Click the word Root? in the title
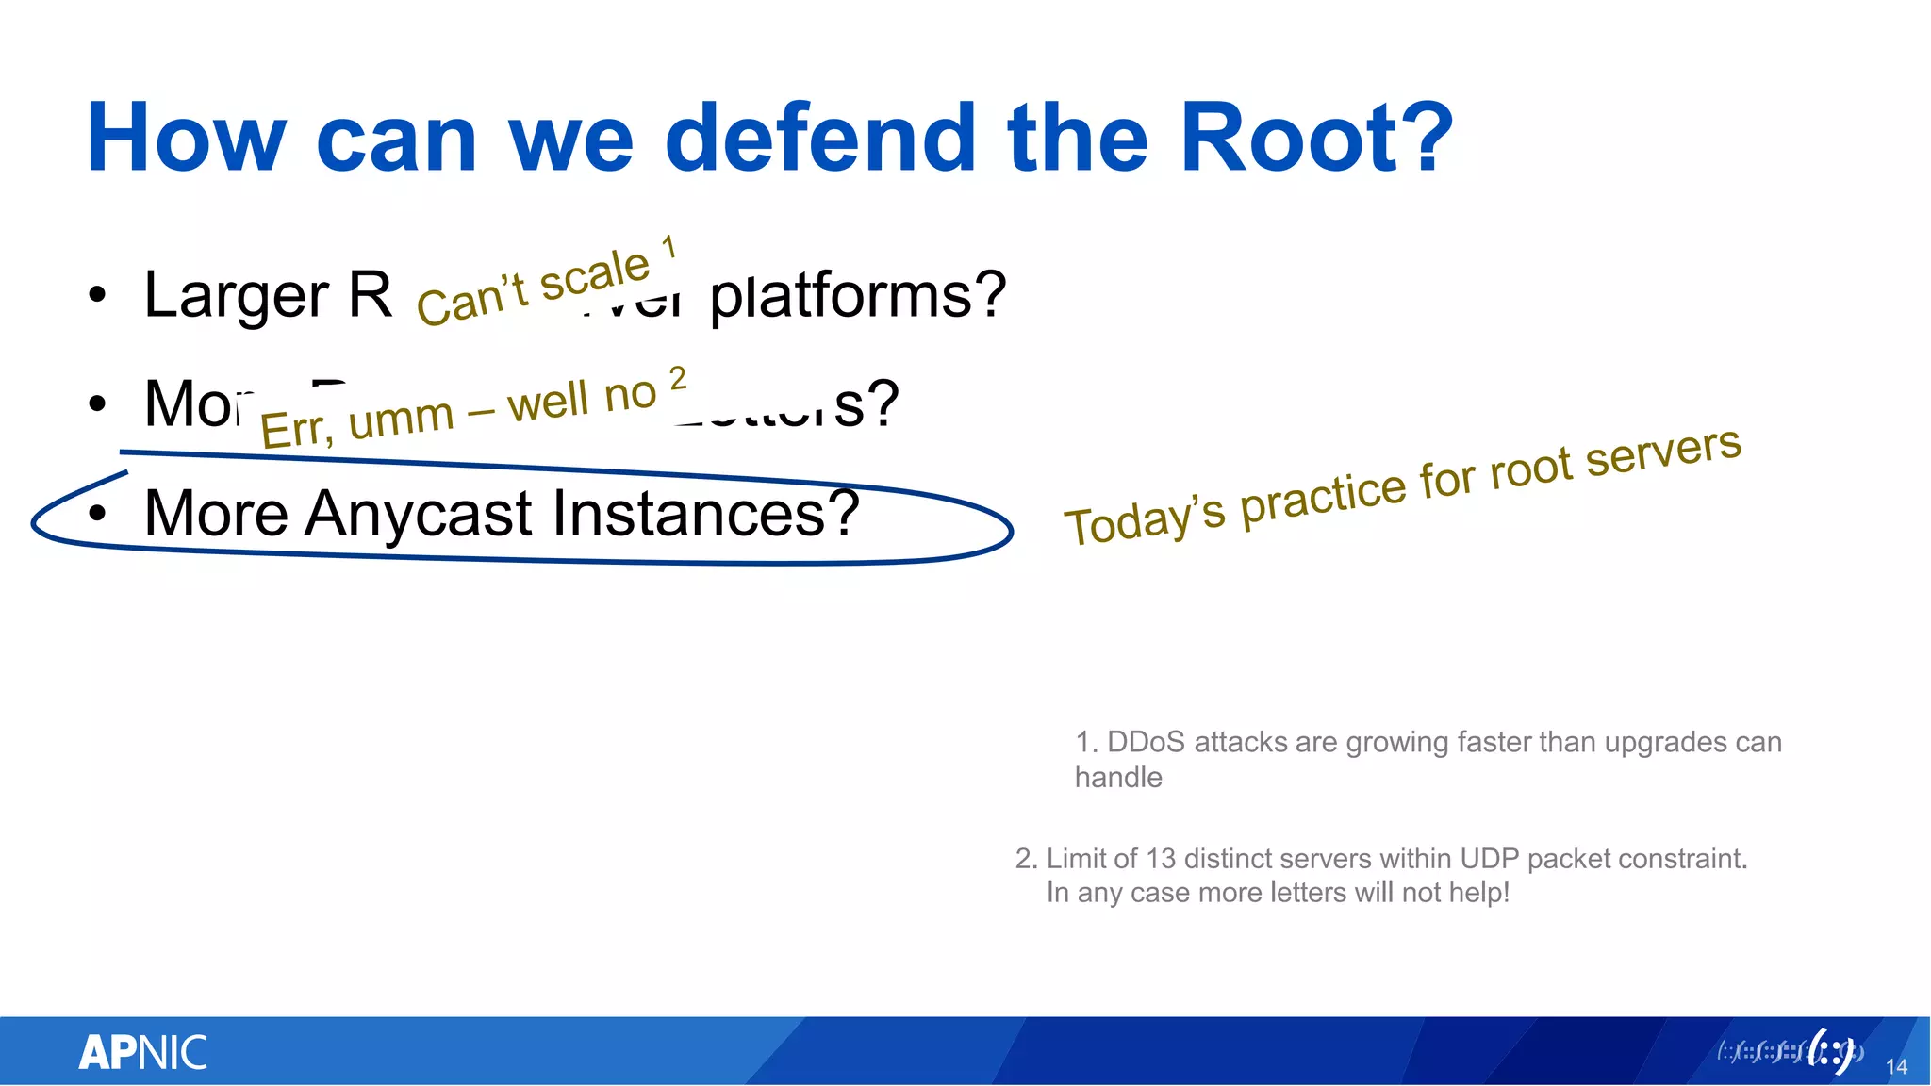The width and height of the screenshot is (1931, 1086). click(x=1316, y=139)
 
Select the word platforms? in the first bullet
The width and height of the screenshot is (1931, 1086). click(x=858, y=296)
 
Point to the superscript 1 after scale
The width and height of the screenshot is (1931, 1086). click(x=668, y=248)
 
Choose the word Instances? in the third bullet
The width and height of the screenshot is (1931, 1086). click(x=706, y=514)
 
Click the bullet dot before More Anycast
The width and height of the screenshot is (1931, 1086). click(x=97, y=514)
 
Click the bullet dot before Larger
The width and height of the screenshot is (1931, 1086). click(x=97, y=296)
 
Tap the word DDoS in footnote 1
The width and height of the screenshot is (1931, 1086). click(x=1145, y=742)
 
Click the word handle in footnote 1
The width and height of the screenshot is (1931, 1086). click(x=1118, y=778)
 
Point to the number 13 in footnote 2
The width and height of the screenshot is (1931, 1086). click(x=1161, y=859)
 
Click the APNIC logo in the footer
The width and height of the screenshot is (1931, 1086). click(x=142, y=1053)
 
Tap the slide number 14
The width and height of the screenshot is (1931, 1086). click(x=1896, y=1067)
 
